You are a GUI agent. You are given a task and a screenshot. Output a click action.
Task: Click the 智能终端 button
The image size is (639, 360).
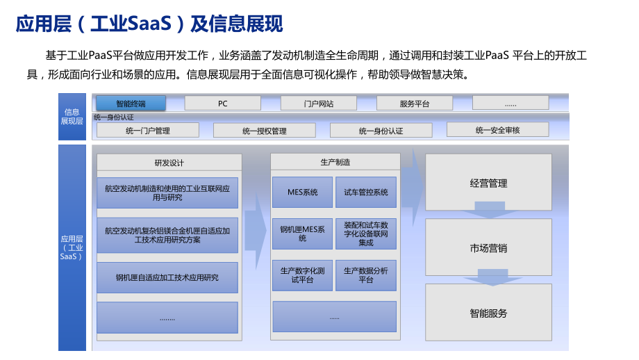click(131, 103)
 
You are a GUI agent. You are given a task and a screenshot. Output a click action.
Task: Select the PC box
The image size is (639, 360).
click(222, 103)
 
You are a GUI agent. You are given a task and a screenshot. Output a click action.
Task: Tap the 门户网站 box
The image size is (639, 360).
click(318, 103)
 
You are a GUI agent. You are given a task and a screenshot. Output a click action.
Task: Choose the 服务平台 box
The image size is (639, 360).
click(415, 103)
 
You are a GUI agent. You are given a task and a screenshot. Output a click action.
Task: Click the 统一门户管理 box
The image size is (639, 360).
click(148, 131)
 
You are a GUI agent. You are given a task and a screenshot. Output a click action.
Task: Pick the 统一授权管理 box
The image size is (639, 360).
click(265, 131)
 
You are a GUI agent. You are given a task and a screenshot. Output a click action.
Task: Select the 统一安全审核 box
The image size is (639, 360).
click(497, 130)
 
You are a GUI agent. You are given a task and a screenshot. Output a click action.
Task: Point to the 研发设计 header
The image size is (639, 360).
click(169, 163)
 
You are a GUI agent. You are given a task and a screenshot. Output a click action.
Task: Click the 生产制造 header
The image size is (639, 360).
click(335, 162)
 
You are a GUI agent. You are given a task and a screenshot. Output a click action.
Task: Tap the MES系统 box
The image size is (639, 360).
click(302, 192)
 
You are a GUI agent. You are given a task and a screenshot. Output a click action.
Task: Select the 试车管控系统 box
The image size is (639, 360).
click(366, 192)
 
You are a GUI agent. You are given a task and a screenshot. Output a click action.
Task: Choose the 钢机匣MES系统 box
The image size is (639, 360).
click(302, 234)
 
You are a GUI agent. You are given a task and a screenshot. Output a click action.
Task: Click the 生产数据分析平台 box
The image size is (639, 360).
click(366, 275)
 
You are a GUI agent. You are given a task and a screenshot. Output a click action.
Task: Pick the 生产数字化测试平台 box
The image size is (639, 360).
click(302, 275)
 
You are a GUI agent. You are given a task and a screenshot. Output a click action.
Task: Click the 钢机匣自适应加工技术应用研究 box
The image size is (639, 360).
click(167, 277)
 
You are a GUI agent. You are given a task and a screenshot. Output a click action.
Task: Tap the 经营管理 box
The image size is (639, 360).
click(488, 183)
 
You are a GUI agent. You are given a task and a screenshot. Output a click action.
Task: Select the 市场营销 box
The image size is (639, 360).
click(488, 247)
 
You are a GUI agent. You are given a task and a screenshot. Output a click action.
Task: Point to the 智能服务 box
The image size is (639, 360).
click(488, 313)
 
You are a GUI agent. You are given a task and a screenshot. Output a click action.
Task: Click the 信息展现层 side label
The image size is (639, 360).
click(72, 117)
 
